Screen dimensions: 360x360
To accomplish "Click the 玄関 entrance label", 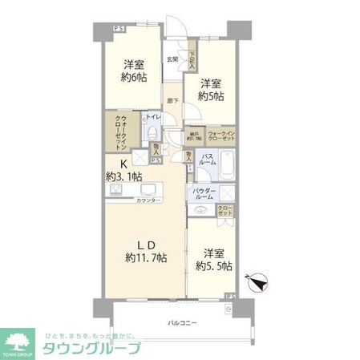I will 172,59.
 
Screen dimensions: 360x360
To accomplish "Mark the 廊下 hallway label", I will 172,102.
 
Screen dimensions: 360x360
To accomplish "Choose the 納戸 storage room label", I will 193,135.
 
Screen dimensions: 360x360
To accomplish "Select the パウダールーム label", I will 204,193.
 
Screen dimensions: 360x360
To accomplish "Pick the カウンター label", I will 148,200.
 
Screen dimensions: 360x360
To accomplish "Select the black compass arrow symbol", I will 261,281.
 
